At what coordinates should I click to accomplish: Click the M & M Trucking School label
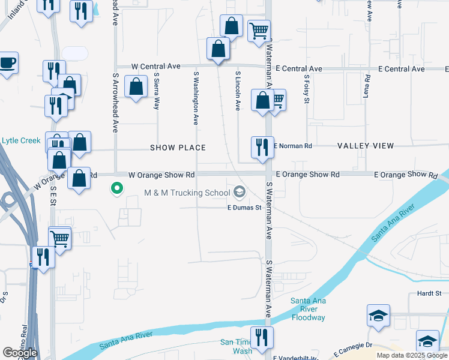pyautogui.click(x=187, y=193)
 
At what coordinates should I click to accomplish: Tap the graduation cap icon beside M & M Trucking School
pyautogui.click(x=240, y=192)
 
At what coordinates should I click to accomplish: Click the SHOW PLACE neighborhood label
pyautogui.click(x=178, y=148)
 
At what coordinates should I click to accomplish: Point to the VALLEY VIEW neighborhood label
pyautogui.click(x=366, y=146)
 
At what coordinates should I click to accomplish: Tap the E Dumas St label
pyautogui.click(x=244, y=208)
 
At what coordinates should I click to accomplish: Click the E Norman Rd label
pyautogui.click(x=294, y=146)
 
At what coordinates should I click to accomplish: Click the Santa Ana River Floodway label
pyautogui.click(x=308, y=309)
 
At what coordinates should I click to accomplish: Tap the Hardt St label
pyautogui.click(x=429, y=294)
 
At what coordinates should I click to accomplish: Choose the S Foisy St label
pyautogui.click(x=306, y=89)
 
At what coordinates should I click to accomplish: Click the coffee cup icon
pyautogui.click(x=7, y=63)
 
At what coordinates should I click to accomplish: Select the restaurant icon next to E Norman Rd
pyautogui.click(x=262, y=146)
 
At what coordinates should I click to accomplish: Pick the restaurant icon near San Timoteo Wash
pyautogui.click(x=262, y=337)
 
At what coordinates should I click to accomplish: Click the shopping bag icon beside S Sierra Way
pyautogui.click(x=136, y=86)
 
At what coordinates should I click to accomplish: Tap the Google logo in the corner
pyautogui.click(x=19, y=353)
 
